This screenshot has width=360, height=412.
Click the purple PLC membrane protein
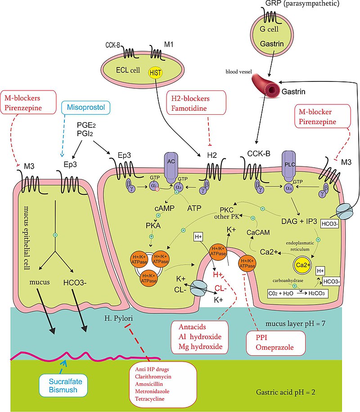pyautogui.click(x=288, y=168)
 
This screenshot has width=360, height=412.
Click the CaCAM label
pyautogui.click(x=258, y=233)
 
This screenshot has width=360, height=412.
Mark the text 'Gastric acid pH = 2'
pyautogui.click(x=291, y=392)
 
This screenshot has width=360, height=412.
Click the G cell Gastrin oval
pyautogui.click(x=271, y=36)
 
